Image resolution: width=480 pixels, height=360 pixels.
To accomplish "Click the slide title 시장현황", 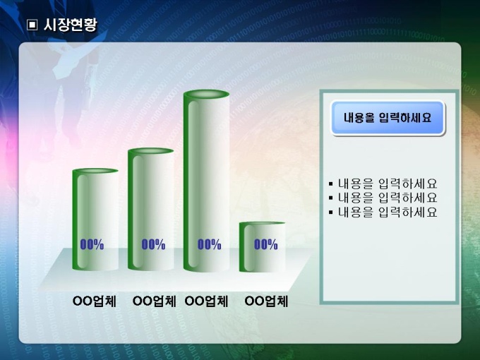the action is pos(70,25).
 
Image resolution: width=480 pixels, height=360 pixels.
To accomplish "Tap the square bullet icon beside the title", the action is pos(32,25).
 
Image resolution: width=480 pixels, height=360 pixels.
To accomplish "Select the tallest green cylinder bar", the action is pos(206,181).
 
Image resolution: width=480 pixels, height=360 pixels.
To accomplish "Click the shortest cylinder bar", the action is pos(262,247).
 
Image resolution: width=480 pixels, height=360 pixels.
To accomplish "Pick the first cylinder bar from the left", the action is pos(95,220).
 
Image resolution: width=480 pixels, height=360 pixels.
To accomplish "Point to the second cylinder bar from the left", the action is pos(150,209).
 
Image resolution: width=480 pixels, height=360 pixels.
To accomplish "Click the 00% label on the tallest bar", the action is pos(209,244).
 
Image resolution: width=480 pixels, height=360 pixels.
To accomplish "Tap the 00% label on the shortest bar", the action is pos(265,244).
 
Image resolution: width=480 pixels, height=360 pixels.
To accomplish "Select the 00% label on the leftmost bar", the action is pos(92,244).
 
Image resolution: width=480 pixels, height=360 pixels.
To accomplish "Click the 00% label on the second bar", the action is pos(153,244).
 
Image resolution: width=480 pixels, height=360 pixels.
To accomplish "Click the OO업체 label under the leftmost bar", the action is pos(95,301).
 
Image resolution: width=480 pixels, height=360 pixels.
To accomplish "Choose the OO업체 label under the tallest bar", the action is pos(206,301).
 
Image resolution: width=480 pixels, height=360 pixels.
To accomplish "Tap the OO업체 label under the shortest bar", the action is pos(266,301).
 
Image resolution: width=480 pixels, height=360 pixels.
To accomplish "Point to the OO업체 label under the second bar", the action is pos(154,301).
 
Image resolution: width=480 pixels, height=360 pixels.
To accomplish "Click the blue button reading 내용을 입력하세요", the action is pos(388,118).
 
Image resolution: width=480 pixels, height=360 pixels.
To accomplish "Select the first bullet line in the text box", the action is pos(383,184).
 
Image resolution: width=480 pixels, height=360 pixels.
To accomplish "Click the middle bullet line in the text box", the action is pos(383,198).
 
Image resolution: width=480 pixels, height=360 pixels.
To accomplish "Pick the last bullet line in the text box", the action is pos(383,212).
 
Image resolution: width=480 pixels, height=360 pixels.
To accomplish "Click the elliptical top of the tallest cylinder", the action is pos(206,95).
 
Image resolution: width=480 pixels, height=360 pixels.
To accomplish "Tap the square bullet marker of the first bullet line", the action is pos(330,184).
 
